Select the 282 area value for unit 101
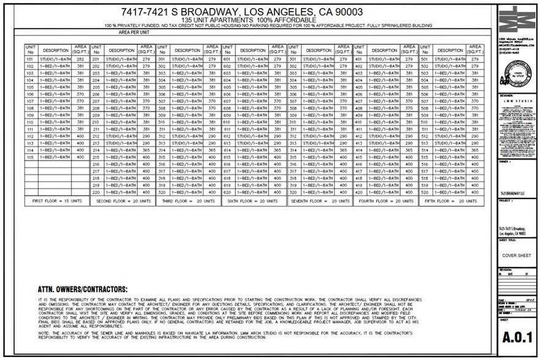pyautogui.click(x=81, y=59)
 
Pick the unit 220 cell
pyautogui.click(x=96, y=192)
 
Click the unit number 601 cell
pyautogui.click(x=227, y=59)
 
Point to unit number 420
pyautogui.click(x=359, y=192)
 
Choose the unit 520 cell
pyautogui.click(x=425, y=192)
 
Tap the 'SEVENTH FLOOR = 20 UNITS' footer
pyautogui.click(x=317, y=201)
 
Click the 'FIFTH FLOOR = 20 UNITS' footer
pyautogui.click(x=448, y=201)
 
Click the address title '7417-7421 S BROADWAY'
pyautogui.click(x=251, y=12)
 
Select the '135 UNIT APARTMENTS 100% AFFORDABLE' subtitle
pyautogui.click(x=251, y=20)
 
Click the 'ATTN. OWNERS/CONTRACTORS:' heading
pyautogui.click(x=83, y=289)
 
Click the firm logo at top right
pyautogui.click(x=516, y=20)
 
